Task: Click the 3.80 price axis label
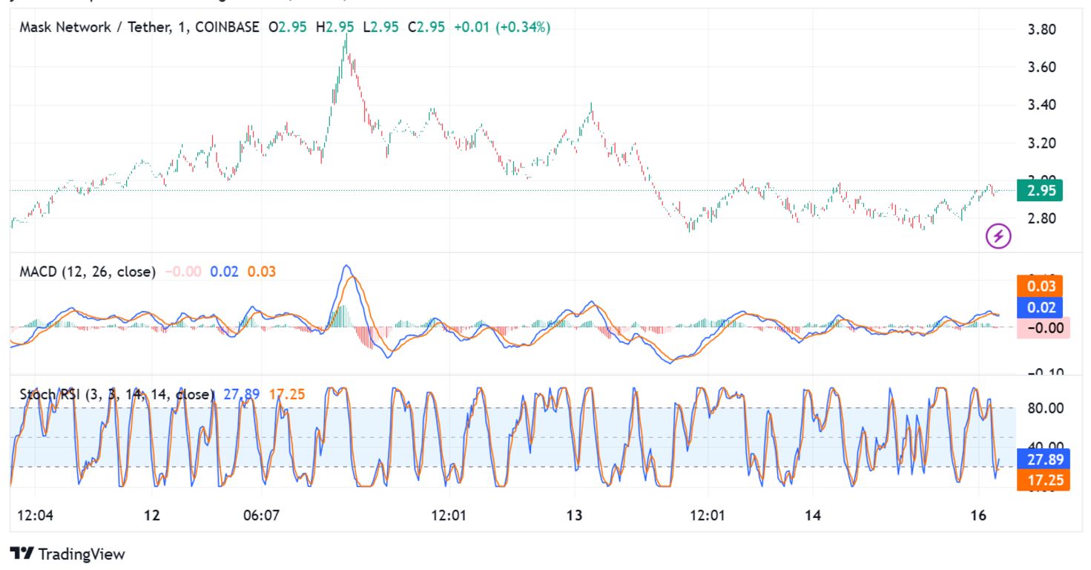click(1041, 30)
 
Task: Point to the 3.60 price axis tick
click(1041, 68)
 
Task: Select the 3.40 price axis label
click(1041, 105)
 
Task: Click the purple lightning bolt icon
click(998, 236)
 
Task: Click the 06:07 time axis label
click(261, 515)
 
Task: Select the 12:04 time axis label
click(34, 515)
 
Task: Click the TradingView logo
click(67, 554)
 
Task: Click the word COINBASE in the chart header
click(224, 27)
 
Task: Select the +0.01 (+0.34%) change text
click(502, 27)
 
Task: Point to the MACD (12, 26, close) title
click(88, 272)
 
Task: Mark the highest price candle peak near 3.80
click(346, 36)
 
